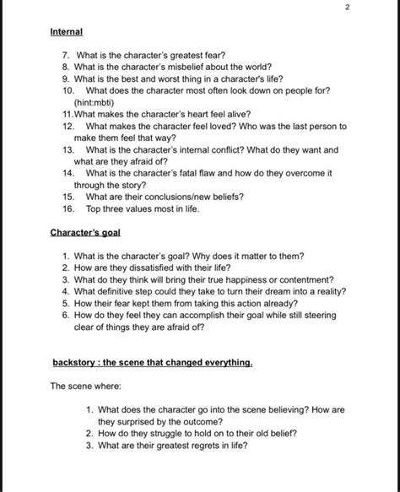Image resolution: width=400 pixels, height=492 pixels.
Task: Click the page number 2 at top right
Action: pyautogui.click(x=346, y=8)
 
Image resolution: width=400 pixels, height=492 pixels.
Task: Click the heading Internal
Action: pyautogui.click(x=67, y=31)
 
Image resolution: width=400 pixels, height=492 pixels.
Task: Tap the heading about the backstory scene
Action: pyautogui.click(x=152, y=363)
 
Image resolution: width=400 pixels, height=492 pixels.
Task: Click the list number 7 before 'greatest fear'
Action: pyautogui.click(x=64, y=54)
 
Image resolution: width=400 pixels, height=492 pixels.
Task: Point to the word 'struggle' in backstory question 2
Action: pyautogui.click(x=169, y=433)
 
